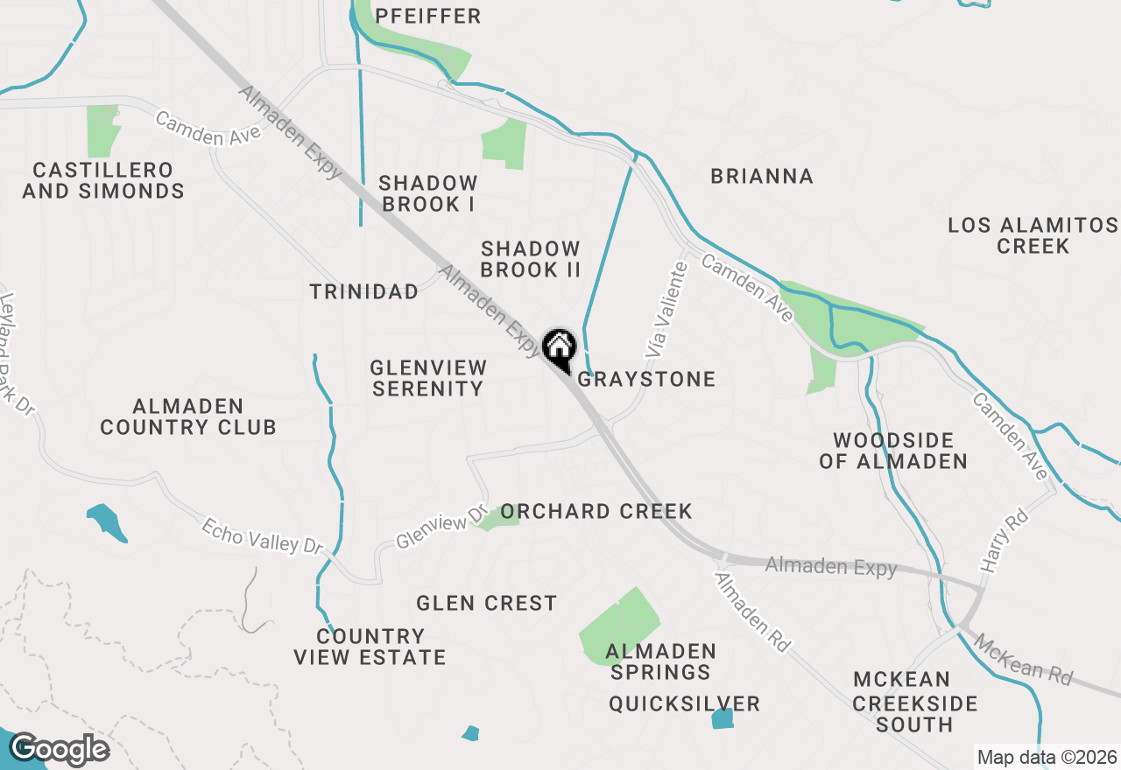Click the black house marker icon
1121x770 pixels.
pos(559,348)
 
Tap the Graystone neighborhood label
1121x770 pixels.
pos(646,379)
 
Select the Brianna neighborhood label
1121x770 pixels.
pos(762,176)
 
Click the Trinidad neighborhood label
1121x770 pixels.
pos(364,291)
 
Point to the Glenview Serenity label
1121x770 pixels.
pos(427,378)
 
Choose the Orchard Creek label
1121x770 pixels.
pos(596,511)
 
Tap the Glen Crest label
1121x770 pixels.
pos(486,603)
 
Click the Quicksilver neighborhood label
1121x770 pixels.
pos(685,703)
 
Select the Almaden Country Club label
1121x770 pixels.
pos(188,416)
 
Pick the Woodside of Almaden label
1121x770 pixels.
pos(893,450)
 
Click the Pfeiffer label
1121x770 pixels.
pos(428,16)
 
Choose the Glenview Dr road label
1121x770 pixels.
pos(441,528)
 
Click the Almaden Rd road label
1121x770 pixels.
pos(752,612)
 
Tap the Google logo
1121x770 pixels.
pos(60,750)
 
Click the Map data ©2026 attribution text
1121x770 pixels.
pos(1047,757)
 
